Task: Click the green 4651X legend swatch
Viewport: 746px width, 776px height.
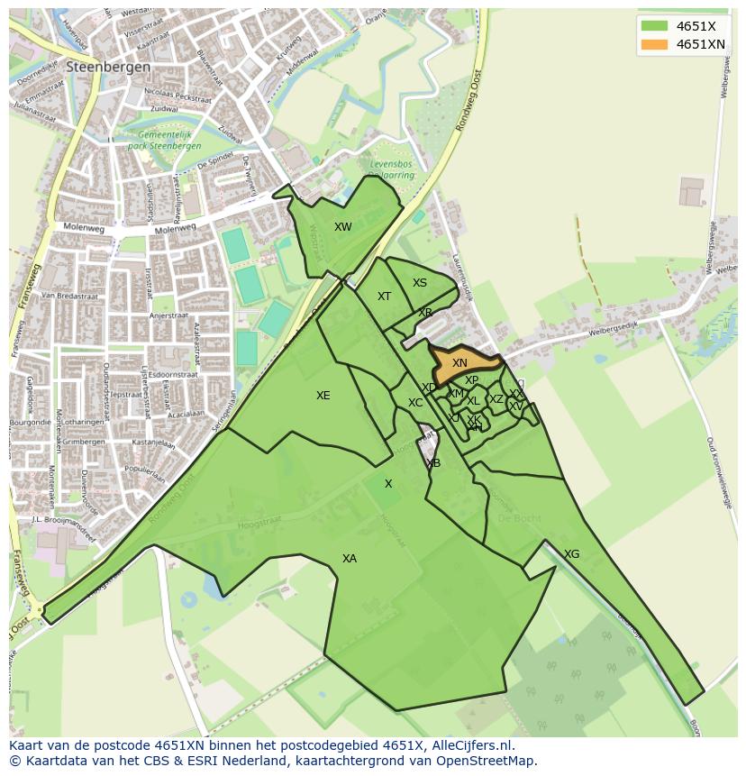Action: coord(654,26)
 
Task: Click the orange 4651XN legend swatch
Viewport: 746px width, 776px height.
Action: coord(654,44)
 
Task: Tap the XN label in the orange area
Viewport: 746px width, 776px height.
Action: coord(459,363)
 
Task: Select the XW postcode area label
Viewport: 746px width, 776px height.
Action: coord(343,227)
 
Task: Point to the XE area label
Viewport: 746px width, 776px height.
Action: coord(323,396)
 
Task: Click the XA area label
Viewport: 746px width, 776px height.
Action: coord(350,559)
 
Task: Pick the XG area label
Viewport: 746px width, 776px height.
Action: coord(571,554)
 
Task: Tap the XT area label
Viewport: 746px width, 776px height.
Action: coord(385,297)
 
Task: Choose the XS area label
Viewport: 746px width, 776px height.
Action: coord(420,283)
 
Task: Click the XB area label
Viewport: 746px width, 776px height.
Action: coord(433,463)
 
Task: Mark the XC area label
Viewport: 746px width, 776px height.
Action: coord(415,403)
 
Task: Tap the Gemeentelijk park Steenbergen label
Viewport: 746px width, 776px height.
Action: coord(164,141)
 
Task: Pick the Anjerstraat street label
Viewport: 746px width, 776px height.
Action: coord(168,316)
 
